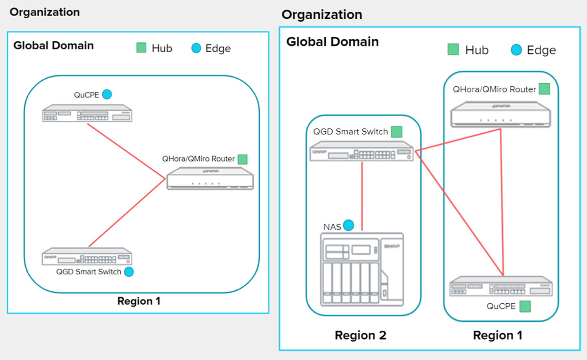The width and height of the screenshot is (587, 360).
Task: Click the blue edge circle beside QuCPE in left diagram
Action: pyautogui.click(x=107, y=95)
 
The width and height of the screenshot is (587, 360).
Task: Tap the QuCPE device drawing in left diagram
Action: pyautogui.click(x=87, y=114)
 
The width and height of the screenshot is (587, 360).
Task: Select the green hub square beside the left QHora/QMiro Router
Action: pyautogui.click(x=243, y=159)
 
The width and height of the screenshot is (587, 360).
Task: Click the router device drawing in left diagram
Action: pyautogui.click(x=210, y=179)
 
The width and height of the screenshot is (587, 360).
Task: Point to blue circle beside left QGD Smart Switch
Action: pyautogui.click(x=129, y=272)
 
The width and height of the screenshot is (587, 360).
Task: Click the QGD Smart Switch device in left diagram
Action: pyautogui.click(x=87, y=257)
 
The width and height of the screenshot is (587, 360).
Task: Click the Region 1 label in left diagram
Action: pyautogui.click(x=139, y=301)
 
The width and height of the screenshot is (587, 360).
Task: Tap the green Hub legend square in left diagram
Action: pyautogui.click(x=141, y=48)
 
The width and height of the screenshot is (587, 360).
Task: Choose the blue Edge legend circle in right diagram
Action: pyautogui.click(x=516, y=50)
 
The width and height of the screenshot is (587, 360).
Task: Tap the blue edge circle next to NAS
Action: pyautogui.click(x=349, y=225)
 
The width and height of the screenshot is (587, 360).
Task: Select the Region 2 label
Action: pyautogui.click(x=360, y=335)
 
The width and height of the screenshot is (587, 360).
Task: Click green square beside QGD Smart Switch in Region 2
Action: pyautogui.click(x=397, y=132)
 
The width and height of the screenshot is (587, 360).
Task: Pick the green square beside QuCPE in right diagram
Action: pyautogui.click(x=525, y=306)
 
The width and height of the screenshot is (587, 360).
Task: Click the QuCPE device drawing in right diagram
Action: pyautogui.click(x=501, y=286)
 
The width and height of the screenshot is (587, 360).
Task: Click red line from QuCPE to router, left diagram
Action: pyautogui.click(x=126, y=151)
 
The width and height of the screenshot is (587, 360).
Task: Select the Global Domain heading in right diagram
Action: pyautogui.click(x=332, y=42)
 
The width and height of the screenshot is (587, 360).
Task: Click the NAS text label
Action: pyautogui.click(x=332, y=227)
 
